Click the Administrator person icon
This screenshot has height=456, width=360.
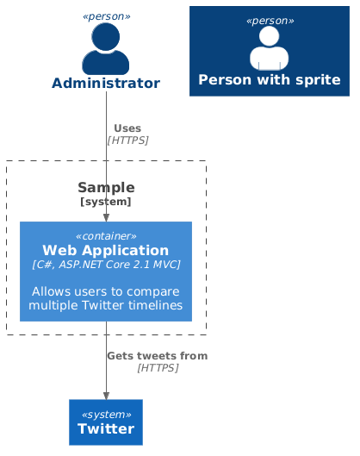pos(106,49)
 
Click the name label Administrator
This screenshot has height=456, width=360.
pos(106,84)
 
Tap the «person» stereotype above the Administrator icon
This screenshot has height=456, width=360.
pos(106,16)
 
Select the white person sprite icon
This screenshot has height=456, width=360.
pos(269,48)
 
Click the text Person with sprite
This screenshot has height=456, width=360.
pos(269,80)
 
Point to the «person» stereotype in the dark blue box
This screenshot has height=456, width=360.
pos(269,20)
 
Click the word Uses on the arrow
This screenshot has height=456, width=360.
pos(127,128)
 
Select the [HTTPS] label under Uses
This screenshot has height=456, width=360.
pos(127,140)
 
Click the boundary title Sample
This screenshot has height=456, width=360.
pos(106,187)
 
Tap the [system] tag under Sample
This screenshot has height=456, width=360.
pos(106,202)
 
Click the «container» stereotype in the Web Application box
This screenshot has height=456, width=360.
pos(106,235)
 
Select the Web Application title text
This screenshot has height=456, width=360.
pos(106,250)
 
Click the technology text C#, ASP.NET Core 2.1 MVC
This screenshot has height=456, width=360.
pos(106,265)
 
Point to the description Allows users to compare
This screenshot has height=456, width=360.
pos(106,290)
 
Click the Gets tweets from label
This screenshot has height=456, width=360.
pos(157,356)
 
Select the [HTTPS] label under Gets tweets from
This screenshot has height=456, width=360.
pos(158,368)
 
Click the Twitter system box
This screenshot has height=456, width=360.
pos(106,422)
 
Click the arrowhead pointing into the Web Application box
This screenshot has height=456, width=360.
pos(106,217)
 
